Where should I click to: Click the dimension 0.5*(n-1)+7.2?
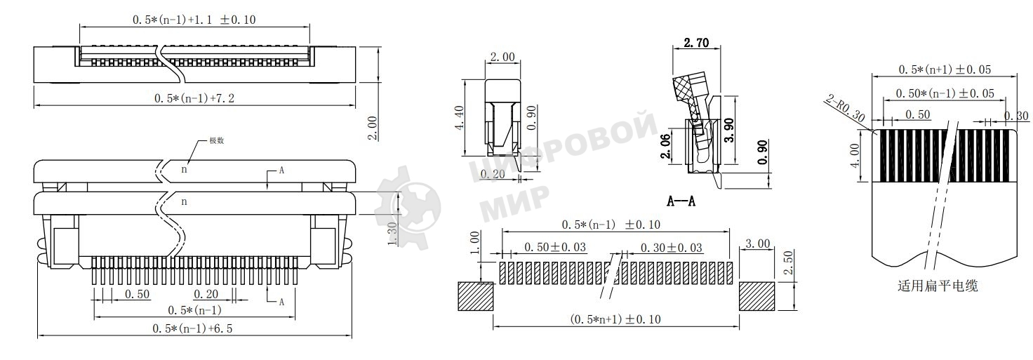click(x=194, y=98)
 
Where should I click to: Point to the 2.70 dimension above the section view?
click(x=695, y=44)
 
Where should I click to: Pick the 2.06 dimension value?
click(x=666, y=146)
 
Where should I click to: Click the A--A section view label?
click(x=681, y=201)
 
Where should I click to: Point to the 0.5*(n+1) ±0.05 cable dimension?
click(x=944, y=69)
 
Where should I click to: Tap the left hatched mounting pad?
click(x=475, y=296)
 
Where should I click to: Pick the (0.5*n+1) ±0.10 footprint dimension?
click(x=615, y=319)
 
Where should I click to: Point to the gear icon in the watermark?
click(x=407, y=207)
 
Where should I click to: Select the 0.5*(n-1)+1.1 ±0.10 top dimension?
click(x=194, y=20)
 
